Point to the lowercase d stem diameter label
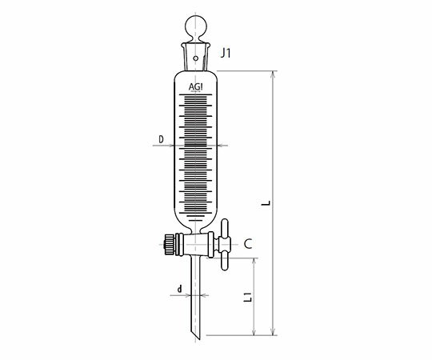click(x=179, y=288)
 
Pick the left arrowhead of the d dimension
click(x=190, y=294)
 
